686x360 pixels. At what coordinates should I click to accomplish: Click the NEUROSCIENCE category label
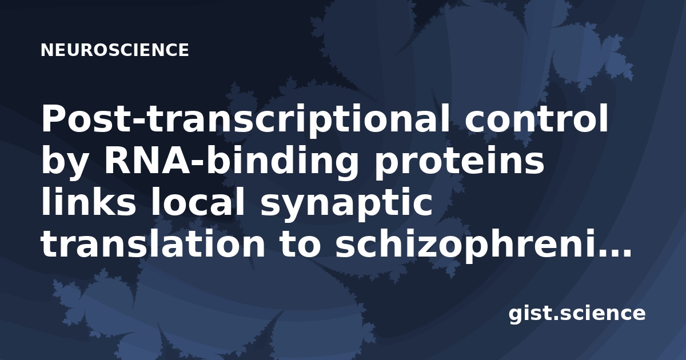click(x=114, y=50)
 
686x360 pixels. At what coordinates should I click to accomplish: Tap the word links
click(x=89, y=202)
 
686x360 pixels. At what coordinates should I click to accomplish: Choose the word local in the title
click(x=197, y=202)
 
